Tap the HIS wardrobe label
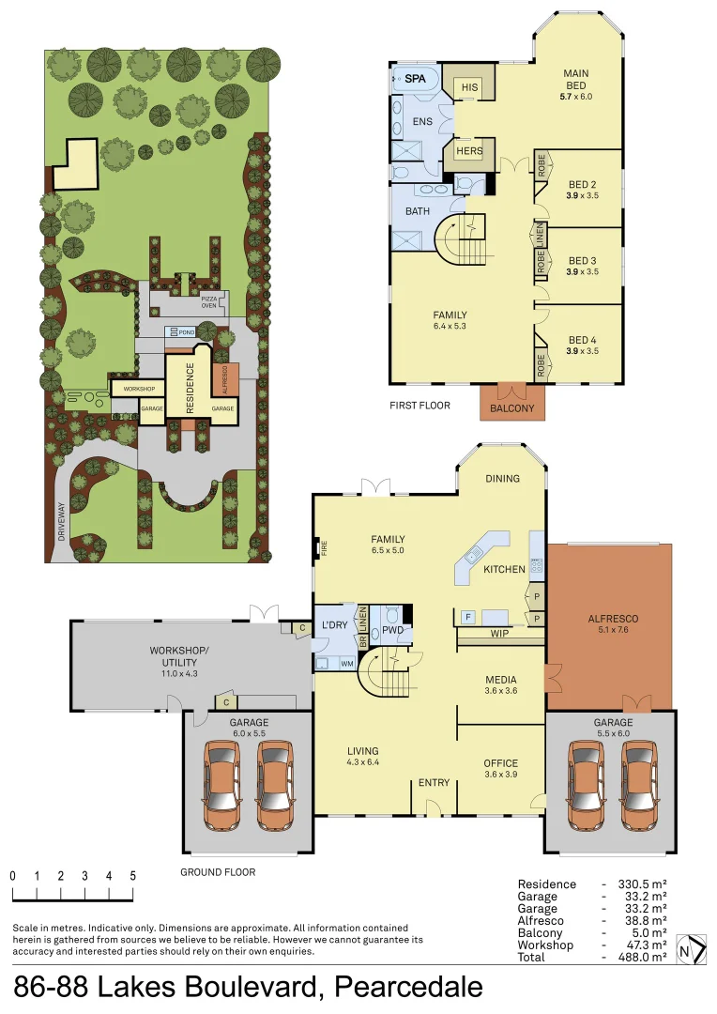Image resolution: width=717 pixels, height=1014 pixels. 468,87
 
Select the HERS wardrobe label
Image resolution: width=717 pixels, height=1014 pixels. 468,151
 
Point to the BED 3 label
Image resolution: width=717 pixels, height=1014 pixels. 582,261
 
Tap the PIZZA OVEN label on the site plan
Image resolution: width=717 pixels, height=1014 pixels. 209,301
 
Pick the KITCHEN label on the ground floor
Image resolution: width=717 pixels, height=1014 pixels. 504,570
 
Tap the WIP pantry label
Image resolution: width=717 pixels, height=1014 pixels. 499,635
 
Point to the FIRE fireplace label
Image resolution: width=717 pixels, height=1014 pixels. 325,548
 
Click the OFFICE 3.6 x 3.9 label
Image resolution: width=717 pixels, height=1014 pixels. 500,768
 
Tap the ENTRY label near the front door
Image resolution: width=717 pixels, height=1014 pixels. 434,782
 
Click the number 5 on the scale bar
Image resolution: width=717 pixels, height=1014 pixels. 132,875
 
